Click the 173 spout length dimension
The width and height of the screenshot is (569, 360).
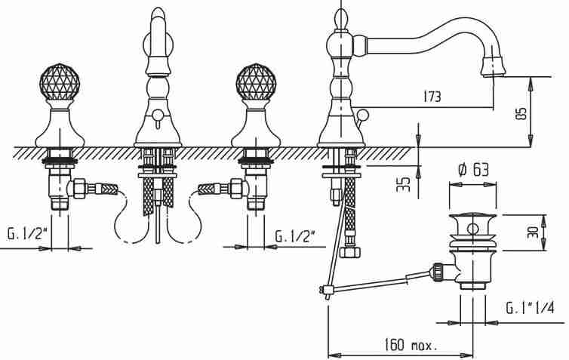432,97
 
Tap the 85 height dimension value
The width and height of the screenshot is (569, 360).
521,114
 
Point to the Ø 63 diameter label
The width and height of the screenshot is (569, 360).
473,170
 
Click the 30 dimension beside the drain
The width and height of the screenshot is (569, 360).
532,232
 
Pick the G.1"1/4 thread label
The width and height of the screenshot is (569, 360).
531,308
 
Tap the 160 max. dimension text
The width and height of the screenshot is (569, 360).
411,344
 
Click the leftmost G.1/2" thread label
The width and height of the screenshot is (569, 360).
28,234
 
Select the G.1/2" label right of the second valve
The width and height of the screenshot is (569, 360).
294,236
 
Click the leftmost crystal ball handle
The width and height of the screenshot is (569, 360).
59,82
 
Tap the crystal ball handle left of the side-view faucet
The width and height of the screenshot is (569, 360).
256,82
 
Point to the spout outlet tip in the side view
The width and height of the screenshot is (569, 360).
492,66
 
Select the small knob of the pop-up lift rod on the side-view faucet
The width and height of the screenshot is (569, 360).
361,115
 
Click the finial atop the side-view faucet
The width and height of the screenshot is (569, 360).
341,18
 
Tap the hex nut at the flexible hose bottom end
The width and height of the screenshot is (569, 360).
351,251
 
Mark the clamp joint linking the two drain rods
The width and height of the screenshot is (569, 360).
326,290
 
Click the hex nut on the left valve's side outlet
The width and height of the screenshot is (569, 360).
79,189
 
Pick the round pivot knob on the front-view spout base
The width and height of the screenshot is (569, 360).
157,115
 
